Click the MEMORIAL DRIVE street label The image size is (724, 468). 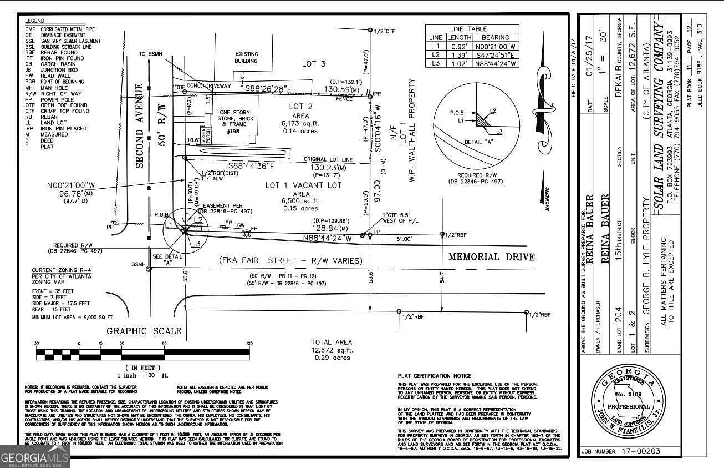pos(491,257)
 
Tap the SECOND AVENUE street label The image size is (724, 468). pos(140,125)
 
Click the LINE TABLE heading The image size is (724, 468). pos(469,29)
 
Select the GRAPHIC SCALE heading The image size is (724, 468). pos(144,331)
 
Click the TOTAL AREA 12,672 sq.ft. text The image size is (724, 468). pos(332,350)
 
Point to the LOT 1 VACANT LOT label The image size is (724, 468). pos(303,185)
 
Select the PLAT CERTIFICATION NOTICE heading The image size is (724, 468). pos(435,376)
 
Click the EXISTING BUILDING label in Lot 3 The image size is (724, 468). pos(247,57)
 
